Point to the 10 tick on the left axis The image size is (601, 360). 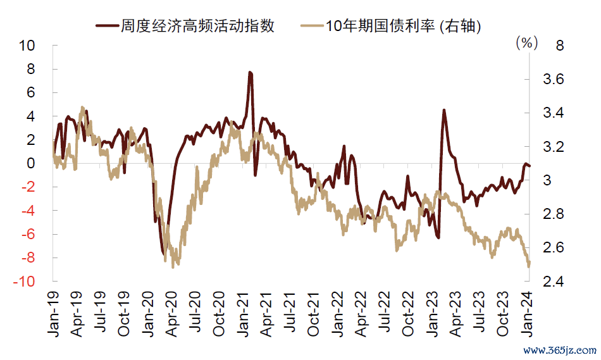tap(28, 46)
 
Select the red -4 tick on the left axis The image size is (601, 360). tap(28, 211)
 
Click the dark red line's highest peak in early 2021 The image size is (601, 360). tap(251, 73)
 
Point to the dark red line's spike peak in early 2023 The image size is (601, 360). tap(443, 110)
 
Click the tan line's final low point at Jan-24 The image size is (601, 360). tap(528, 266)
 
